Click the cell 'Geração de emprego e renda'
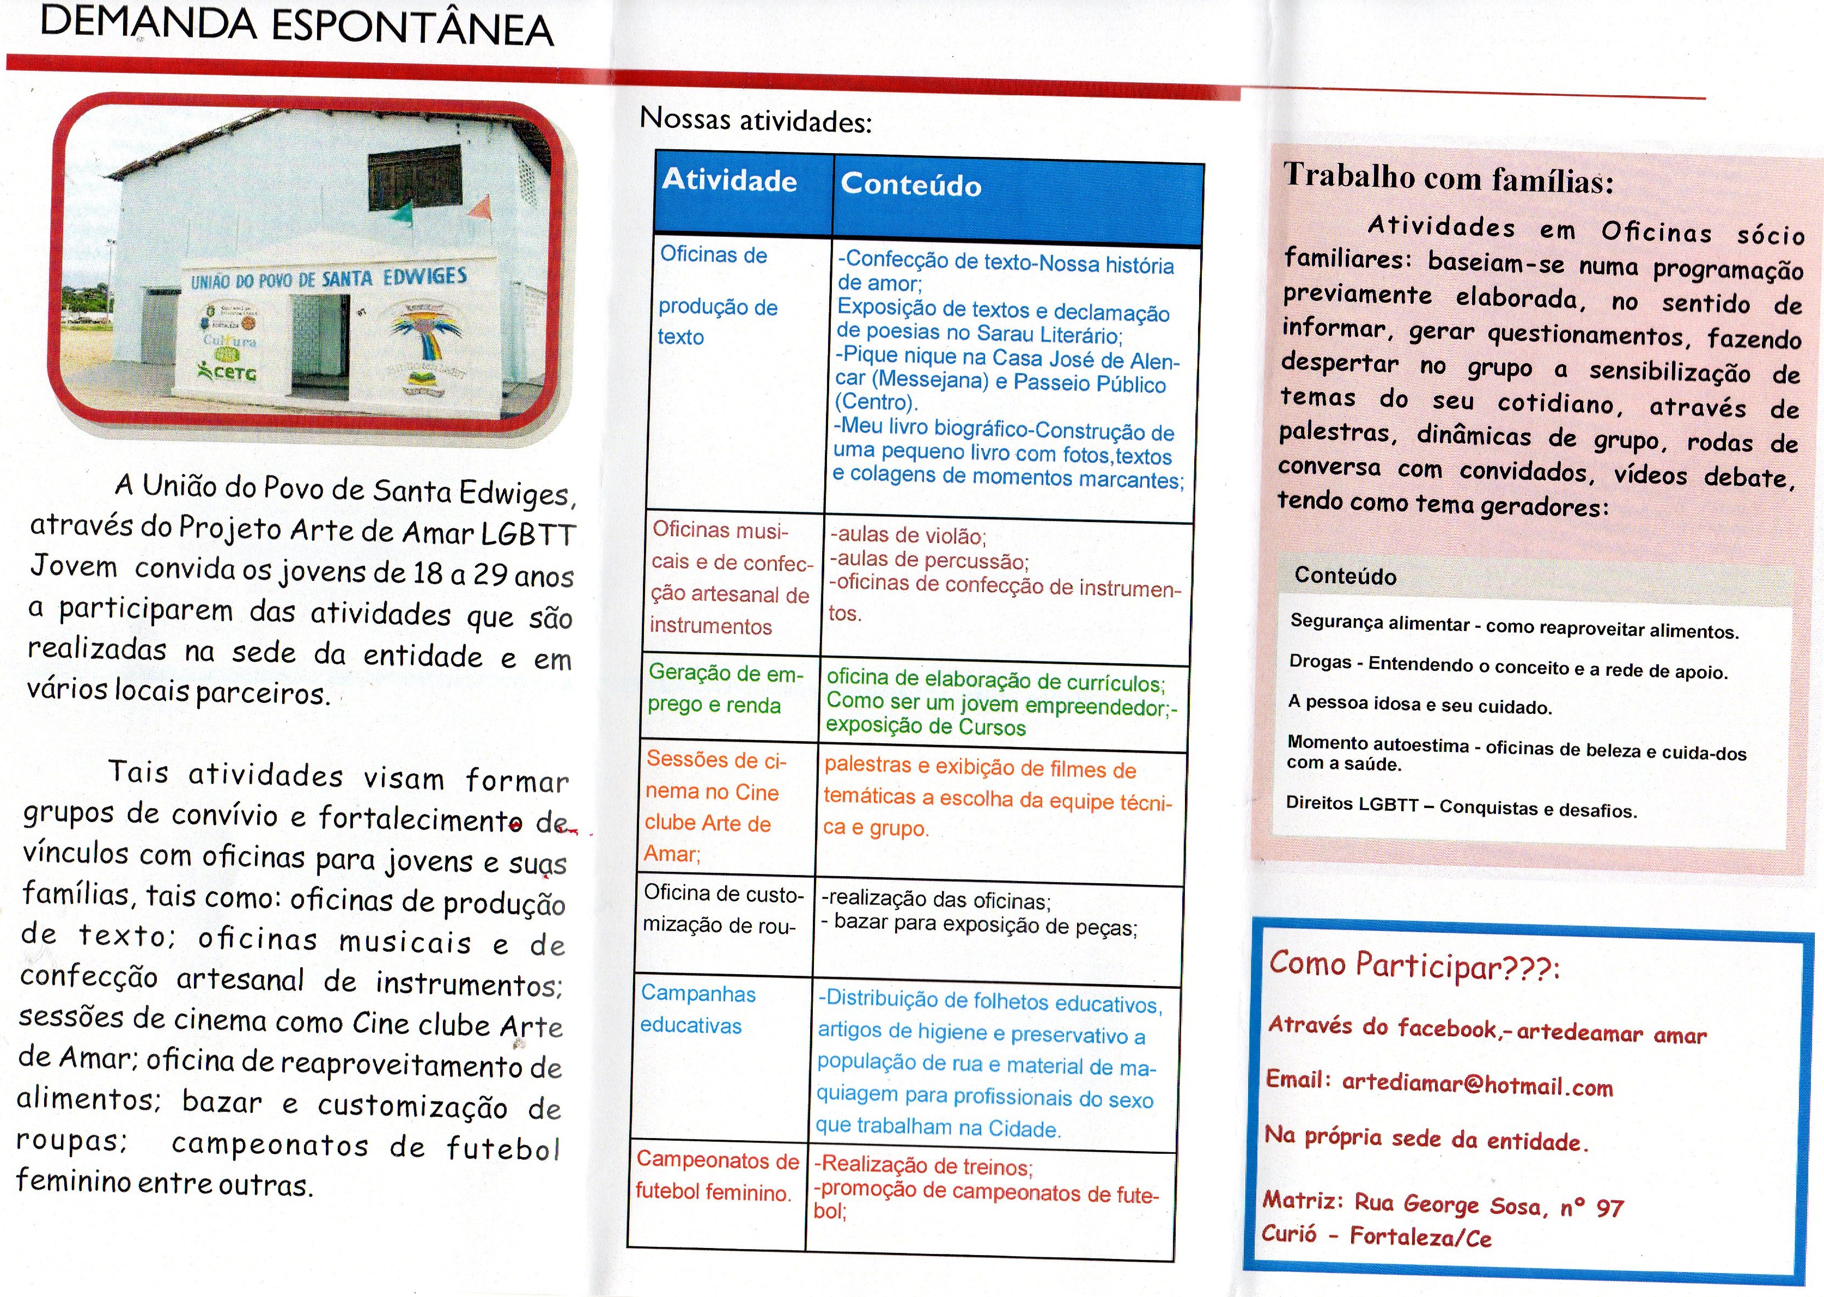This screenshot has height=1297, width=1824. tap(726, 688)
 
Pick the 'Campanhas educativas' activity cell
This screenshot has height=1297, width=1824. tap(697, 1010)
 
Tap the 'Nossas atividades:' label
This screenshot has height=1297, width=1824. tap(755, 120)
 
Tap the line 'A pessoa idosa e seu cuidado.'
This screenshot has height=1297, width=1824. tap(1419, 705)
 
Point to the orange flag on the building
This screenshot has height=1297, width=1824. tap(482, 207)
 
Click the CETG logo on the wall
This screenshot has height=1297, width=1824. tap(227, 372)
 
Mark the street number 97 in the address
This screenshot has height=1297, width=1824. tap(1610, 1208)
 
